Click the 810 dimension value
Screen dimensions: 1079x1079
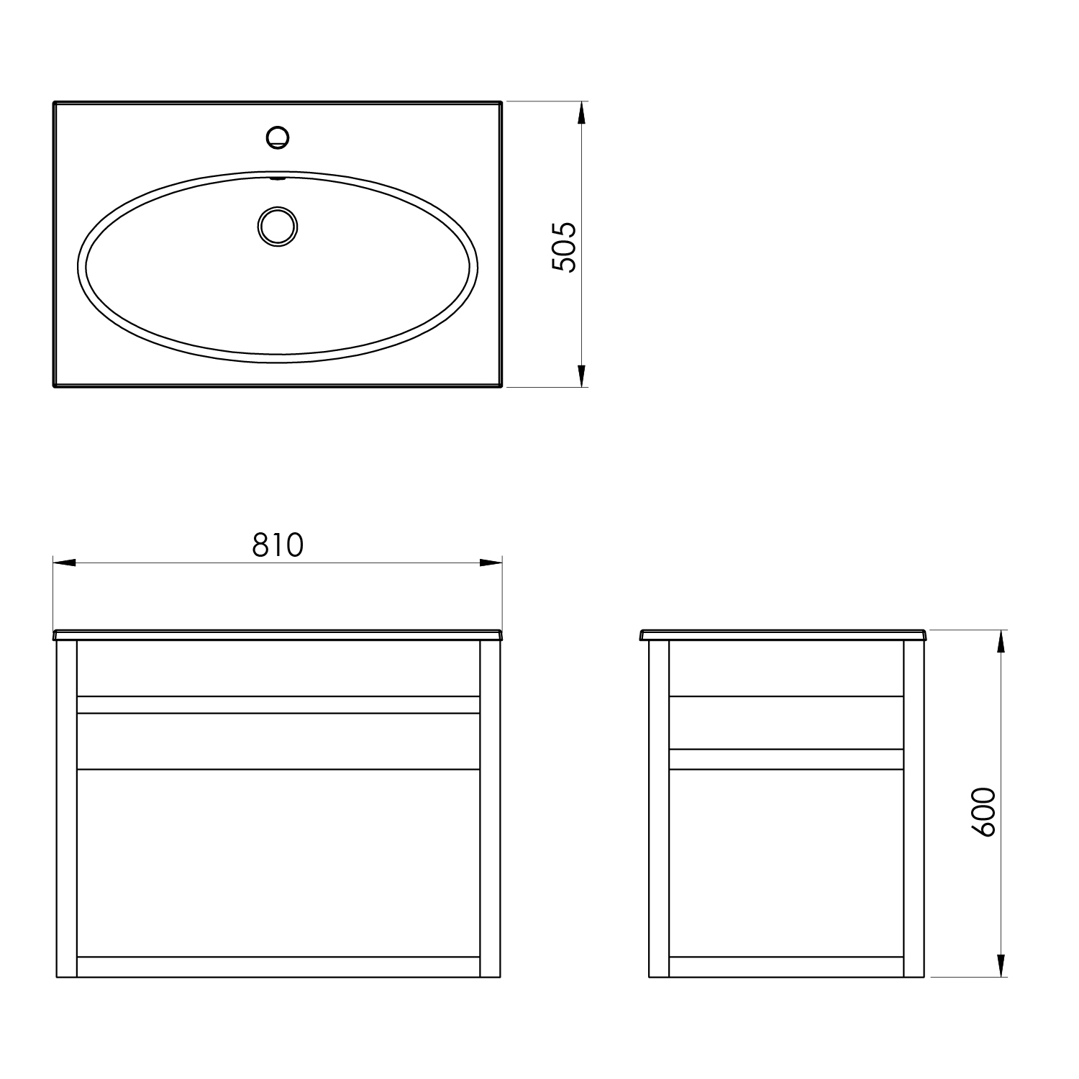click(x=278, y=546)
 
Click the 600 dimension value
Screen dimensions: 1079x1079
click(x=983, y=811)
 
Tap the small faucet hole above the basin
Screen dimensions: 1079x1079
click(x=277, y=136)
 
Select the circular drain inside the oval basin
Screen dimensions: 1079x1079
click(x=277, y=226)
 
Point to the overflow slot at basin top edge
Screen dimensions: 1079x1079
click(x=277, y=177)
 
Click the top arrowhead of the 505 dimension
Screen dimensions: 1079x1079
click(x=582, y=114)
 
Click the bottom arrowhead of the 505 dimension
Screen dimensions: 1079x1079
click(x=582, y=375)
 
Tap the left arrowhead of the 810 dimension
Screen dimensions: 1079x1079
click(x=65, y=562)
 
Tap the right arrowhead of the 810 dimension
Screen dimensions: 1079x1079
click(x=491, y=562)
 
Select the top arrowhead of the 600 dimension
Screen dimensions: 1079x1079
click(x=1001, y=642)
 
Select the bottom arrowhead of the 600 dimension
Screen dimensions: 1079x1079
click(x=1001, y=965)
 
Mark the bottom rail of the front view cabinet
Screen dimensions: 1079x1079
click(x=278, y=967)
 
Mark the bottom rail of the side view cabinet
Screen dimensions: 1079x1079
click(x=786, y=967)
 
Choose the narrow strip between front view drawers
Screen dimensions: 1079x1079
click(x=278, y=705)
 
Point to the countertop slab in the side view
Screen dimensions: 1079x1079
click(x=785, y=635)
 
